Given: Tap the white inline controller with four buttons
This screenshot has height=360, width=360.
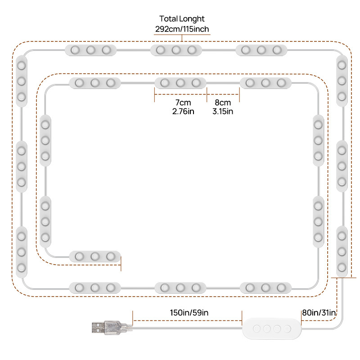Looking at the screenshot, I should click(271, 328).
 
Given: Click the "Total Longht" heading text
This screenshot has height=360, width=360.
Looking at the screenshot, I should click(182, 19).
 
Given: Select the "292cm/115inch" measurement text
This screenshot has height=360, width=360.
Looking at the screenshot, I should click(182, 29).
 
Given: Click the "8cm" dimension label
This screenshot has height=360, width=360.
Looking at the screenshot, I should click(223, 103).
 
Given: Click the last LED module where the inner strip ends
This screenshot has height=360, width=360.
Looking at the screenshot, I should click(95, 256).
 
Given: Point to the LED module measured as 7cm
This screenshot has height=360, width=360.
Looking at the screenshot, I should click(180, 83).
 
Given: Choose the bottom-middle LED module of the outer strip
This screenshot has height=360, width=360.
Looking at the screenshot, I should click(180, 287).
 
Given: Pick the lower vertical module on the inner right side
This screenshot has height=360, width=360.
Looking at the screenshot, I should click(319, 221).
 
